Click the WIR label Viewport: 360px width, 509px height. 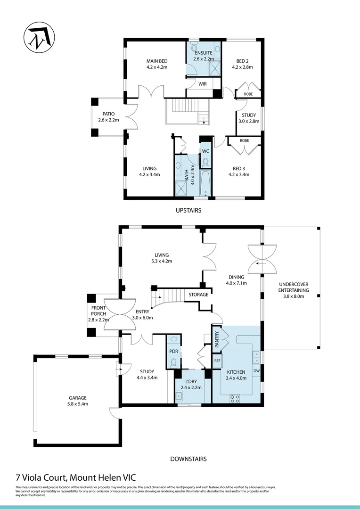203,84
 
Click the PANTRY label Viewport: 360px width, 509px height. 217,339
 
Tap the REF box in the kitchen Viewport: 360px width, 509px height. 217,361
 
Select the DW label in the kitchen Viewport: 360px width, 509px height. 256,371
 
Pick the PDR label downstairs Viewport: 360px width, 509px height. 173,352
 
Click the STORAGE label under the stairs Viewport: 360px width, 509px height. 198,295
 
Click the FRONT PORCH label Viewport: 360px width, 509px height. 99,314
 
